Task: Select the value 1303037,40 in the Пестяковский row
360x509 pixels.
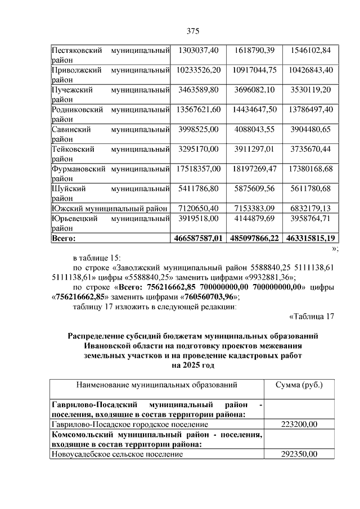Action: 197,51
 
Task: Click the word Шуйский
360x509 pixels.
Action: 66,187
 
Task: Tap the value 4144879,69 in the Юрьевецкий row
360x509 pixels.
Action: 254,218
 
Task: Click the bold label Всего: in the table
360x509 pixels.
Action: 64,238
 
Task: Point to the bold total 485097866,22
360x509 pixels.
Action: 254,238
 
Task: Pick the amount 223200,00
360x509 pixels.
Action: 299,425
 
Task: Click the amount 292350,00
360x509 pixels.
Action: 299,454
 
